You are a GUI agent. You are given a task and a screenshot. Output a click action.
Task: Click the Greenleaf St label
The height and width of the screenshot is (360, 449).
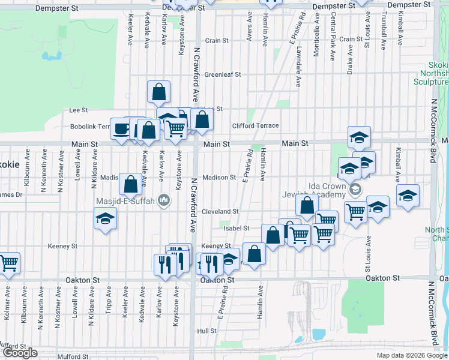[222, 75]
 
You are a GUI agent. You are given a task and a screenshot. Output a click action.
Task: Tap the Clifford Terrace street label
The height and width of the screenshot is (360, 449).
[256, 125]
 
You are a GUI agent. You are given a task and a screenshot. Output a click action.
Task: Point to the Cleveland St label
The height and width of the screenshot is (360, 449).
[220, 212]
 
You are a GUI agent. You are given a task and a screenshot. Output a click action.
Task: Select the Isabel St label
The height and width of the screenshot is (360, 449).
[237, 229]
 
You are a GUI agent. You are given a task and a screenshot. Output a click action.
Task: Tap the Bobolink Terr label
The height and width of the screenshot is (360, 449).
[90, 127]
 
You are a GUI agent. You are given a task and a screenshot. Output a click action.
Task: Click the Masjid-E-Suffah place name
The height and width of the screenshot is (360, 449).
[125, 201]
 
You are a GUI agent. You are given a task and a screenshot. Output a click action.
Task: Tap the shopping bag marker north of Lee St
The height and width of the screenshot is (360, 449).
[159, 92]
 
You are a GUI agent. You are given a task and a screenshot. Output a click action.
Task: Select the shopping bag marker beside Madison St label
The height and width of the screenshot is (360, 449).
[130, 184]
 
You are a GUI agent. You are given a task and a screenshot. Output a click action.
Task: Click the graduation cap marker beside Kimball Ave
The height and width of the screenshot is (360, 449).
[408, 196]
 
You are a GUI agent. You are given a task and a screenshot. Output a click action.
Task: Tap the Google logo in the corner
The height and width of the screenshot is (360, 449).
[20, 353]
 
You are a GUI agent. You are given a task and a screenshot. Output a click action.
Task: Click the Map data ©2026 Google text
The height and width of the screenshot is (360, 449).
[411, 355]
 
